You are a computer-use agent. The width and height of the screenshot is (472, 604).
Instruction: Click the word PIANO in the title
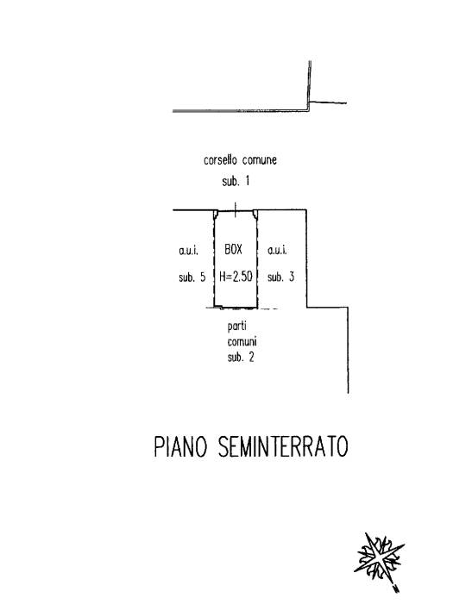tap(180, 447)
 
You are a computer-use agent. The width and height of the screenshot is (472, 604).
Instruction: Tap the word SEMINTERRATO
tap(283, 447)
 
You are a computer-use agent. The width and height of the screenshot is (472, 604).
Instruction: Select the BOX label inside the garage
tap(233, 250)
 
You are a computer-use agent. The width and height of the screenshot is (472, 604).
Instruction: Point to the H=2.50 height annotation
tap(236, 277)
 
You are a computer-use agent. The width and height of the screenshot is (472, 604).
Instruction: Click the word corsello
tap(220, 159)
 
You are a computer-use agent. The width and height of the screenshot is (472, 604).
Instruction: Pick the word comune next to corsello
tap(260, 160)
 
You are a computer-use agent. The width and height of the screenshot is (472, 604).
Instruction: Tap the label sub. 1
tap(236, 181)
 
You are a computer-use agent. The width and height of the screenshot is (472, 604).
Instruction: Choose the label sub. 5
tap(192, 277)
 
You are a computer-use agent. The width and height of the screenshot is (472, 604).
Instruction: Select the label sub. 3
tap(280, 277)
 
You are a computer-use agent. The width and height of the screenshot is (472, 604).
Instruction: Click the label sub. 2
tap(241, 358)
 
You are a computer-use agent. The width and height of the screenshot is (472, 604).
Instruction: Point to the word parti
tap(236, 327)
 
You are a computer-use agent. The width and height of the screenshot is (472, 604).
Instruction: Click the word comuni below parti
tap(242, 342)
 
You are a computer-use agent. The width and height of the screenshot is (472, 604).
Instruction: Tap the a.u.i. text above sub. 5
tap(189, 251)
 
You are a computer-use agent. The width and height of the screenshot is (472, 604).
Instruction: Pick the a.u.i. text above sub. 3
tap(277, 251)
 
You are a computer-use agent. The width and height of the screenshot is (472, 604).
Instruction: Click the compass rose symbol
tap(380, 557)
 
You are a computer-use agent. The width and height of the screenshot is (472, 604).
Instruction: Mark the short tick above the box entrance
tap(236, 209)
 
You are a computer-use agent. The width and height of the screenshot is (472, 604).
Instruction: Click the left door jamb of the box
tap(216, 215)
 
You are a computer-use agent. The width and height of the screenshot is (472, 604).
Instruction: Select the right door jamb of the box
tap(255, 215)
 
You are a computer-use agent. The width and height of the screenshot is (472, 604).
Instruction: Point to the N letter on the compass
tap(396, 588)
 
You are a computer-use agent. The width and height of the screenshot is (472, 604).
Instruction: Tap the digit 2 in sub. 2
tap(251, 358)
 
